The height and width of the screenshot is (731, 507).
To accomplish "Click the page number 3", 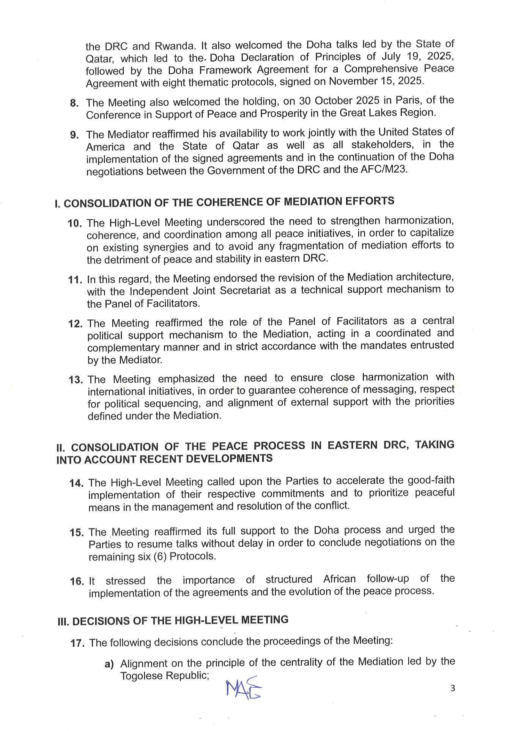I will point(452,688).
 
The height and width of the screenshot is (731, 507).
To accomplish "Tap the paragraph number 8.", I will point(74,103).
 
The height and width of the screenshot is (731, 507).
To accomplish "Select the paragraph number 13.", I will point(76,380).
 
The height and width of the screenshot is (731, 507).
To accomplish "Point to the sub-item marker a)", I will point(109,664).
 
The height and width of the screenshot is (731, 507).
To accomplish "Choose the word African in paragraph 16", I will point(339,579).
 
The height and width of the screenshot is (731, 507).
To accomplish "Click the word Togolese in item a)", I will point(142,676).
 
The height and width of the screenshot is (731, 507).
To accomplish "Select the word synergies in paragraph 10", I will point(166,247).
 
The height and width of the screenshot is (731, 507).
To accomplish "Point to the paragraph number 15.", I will point(76,532).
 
